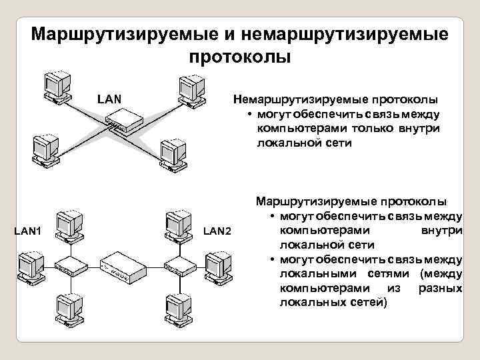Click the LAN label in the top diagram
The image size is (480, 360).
[109, 99]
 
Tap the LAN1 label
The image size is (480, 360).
[28, 231]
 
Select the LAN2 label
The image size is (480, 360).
[217, 231]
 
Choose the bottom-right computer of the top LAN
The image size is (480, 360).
[174, 153]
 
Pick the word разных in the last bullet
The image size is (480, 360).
[439, 289]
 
